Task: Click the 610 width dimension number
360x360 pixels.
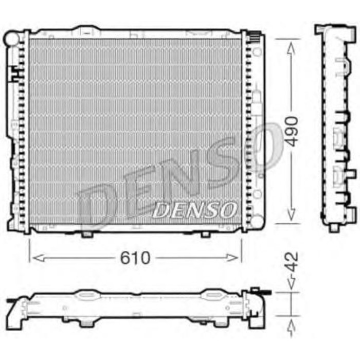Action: [136, 257]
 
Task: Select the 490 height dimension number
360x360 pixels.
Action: [292, 131]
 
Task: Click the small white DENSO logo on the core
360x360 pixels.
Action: [195, 209]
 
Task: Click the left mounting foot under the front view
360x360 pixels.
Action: [87, 235]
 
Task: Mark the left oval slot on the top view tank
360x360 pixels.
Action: [86, 295]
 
